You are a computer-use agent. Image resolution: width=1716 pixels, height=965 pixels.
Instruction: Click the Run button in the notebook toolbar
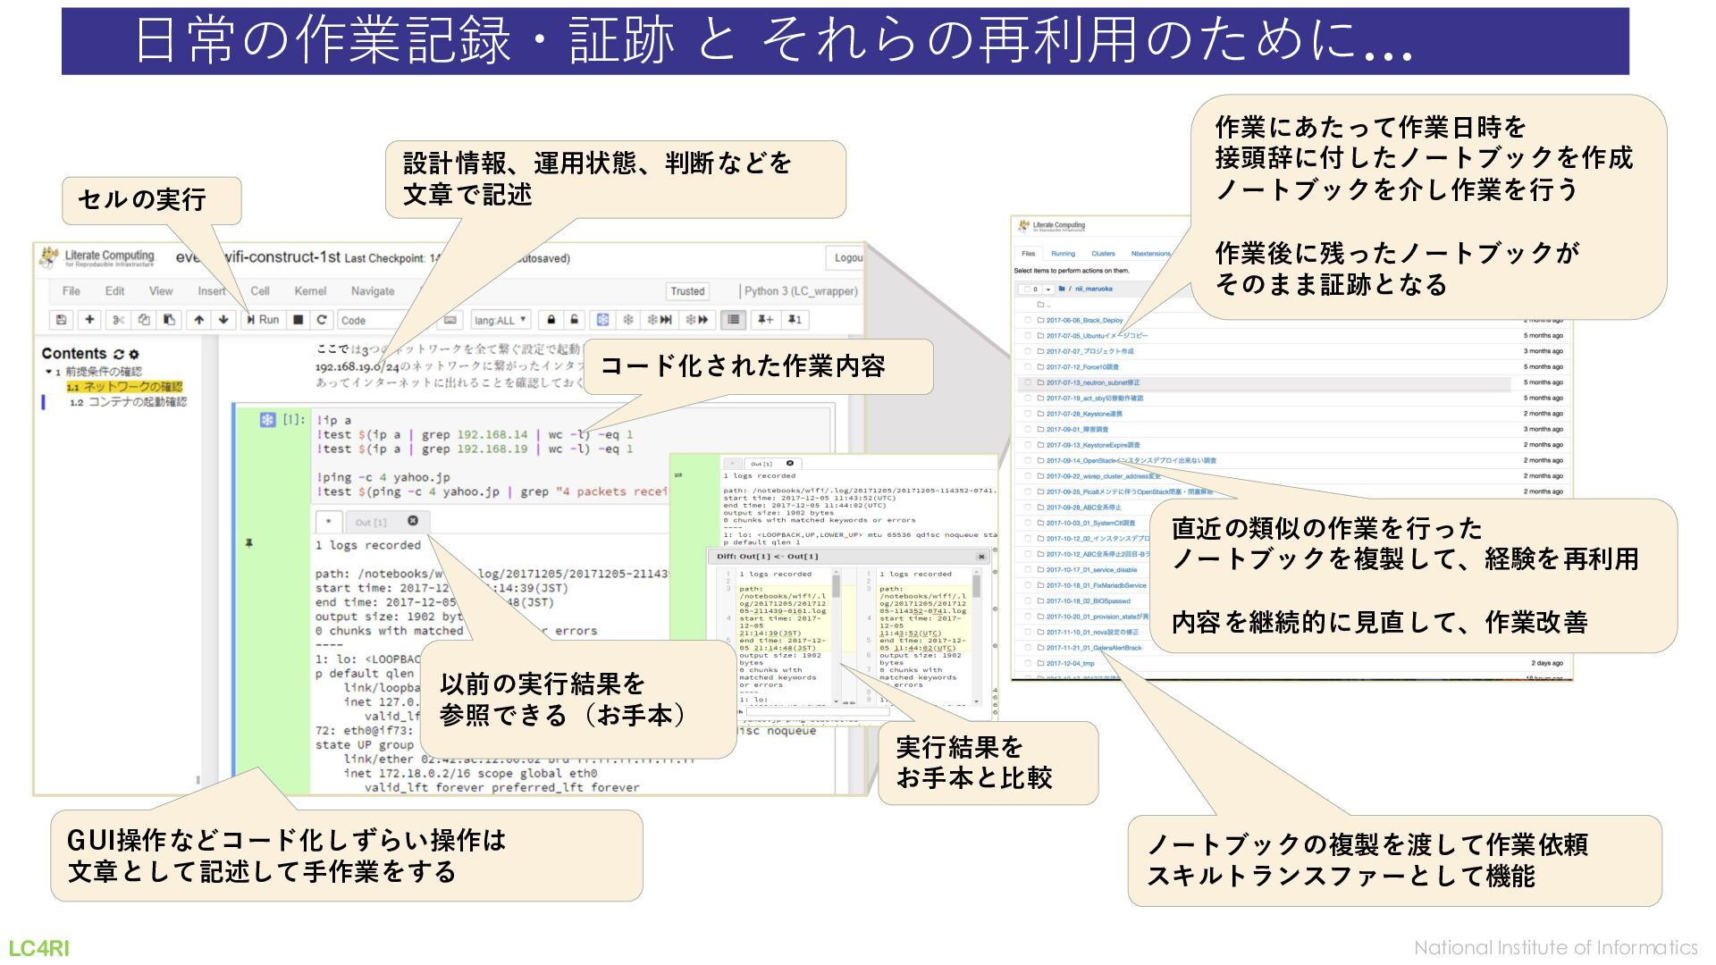coord(264,320)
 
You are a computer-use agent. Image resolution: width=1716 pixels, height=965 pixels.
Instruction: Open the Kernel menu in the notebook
coord(310,291)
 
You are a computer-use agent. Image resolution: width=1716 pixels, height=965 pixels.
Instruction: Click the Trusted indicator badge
coord(687,291)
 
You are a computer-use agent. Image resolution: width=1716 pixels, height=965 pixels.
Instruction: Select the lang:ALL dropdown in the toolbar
coord(500,320)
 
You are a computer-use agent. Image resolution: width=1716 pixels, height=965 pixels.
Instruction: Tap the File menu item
coord(71,291)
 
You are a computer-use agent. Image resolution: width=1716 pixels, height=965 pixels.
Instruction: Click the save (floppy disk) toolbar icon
coord(61,320)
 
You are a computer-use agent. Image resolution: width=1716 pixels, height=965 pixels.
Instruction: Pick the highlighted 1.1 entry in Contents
coord(125,387)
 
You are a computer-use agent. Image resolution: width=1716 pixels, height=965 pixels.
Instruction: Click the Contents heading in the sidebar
coord(74,354)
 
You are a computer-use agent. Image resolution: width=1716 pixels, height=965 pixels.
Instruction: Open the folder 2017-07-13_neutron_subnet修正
coord(1092,382)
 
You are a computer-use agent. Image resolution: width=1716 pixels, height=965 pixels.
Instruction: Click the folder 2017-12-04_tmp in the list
coord(1070,663)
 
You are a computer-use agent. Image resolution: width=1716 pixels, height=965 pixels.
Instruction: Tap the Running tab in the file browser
coord(1063,254)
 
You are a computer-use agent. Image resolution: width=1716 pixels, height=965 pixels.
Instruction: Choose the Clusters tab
coord(1103,254)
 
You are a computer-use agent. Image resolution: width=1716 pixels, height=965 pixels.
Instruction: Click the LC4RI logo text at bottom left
coord(39,948)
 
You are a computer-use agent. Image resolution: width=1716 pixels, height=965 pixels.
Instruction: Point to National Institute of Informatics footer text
coord(1555,948)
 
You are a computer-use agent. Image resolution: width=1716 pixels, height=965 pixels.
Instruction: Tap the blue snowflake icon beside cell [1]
coord(267,419)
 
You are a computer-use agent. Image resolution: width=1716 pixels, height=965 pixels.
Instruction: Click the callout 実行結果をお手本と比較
coord(987,762)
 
